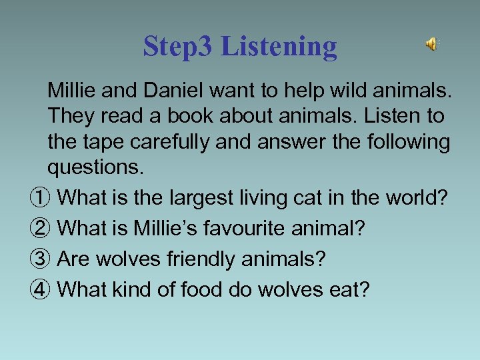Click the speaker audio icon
point(432,45)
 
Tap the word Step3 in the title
point(178,47)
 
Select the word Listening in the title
point(279,47)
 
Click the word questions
point(95,169)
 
